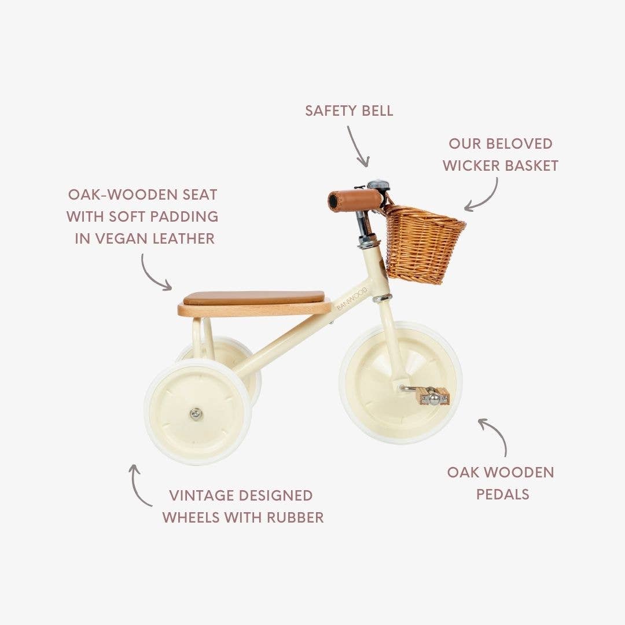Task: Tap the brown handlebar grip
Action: [355, 200]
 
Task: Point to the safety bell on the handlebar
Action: [378, 186]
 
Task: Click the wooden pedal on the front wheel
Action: [433, 396]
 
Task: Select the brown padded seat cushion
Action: [253, 297]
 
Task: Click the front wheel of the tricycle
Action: [400, 383]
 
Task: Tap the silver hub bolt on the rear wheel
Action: [197, 413]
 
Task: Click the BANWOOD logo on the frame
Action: [352, 299]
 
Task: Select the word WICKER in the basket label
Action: [471, 166]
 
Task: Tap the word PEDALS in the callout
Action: [502, 494]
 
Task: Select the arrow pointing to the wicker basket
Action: [484, 196]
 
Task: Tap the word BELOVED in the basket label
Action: [518, 144]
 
